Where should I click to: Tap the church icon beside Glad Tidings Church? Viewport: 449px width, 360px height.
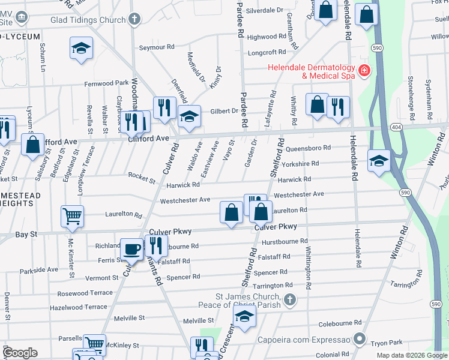click(x=134, y=19)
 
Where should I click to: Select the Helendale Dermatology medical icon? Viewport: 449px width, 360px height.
click(x=363, y=71)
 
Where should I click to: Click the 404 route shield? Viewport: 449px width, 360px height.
click(x=396, y=128)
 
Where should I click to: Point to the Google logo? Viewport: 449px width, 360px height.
click(x=20, y=352)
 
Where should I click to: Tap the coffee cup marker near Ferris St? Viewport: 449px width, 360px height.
click(x=131, y=249)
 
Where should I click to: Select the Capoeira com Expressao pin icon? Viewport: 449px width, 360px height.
click(x=360, y=339)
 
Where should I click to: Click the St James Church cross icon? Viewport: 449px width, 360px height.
click(x=289, y=299)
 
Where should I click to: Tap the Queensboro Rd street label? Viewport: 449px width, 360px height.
click(x=309, y=148)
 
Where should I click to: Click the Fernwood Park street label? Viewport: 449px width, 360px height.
click(x=106, y=83)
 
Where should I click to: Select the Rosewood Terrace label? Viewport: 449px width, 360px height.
click(x=85, y=293)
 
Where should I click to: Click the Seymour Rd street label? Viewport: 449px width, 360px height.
click(x=157, y=47)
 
